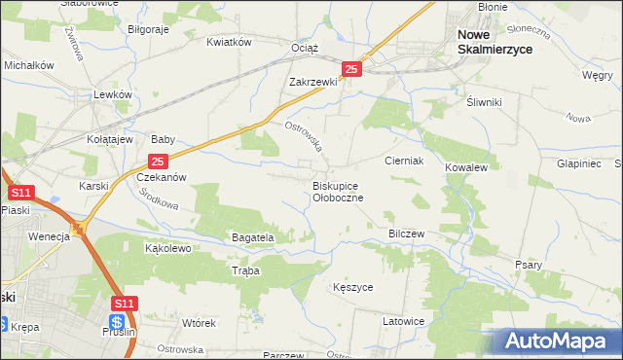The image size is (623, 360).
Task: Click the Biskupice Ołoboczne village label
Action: point(337,191)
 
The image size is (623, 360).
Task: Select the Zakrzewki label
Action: point(312,83)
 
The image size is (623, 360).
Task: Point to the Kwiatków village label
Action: point(230,42)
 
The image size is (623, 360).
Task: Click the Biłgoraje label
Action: point(149,29)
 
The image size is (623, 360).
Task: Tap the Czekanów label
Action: point(161,178)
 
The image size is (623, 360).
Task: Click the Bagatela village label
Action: point(253,236)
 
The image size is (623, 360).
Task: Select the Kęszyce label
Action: point(352,288)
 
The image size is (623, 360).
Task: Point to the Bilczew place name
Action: point(408,234)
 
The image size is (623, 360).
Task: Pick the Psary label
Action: point(528,264)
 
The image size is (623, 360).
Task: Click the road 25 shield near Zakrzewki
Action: point(352,69)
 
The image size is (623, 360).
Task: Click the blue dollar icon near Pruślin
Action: point(117,322)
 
